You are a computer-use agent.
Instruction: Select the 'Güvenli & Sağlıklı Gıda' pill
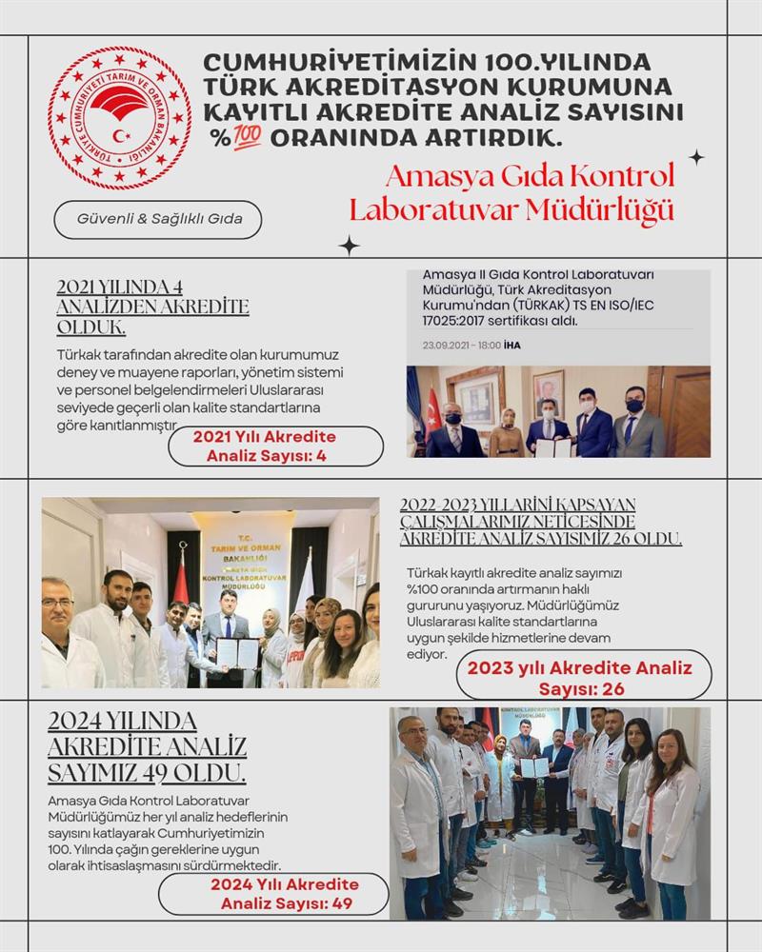157,219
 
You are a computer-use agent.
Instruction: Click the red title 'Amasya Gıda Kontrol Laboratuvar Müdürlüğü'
511,192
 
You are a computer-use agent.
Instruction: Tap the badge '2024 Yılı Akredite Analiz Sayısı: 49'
272,893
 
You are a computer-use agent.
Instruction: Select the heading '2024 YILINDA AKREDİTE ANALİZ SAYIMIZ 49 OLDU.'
148,745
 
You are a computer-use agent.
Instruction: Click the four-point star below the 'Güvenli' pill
350,246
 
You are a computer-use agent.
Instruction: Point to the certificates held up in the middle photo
236,651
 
